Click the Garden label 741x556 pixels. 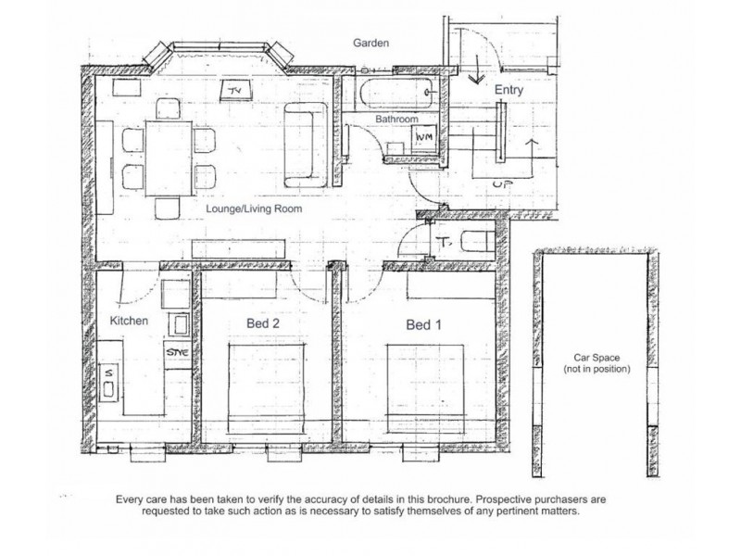pyautogui.click(x=371, y=43)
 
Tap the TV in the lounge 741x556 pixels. pyautogui.click(x=235, y=90)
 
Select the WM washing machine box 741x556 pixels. pyautogui.click(x=423, y=137)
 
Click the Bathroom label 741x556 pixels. pyautogui.click(x=396, y=120)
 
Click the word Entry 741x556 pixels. pyautogui.click(x=509, y=90)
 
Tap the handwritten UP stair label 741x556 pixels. pyautogui.click(x=503, y=183)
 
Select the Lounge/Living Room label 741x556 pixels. pyautogui.click(x=254, y=208)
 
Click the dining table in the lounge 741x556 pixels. pyautogui.click(x=169, y=158)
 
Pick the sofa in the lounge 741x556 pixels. pyautogui.click(x=306, y=145)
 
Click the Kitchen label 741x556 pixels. pyautogui.click(x=129, y=321)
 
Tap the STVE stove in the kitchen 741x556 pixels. pyautogui.click(x=178, y=352)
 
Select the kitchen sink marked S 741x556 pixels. pyautogui.click(x=109, y=383)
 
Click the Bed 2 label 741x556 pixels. pyautogui.click(x=263, y=323)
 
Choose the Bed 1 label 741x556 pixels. pyautogui.click(x=423, y=325)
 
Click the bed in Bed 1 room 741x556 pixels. pyautogui.click(x=425, y=388)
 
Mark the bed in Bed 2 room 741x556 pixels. pyautogui.click(x=267, y=388)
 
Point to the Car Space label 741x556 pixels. pyautogui.click(x=597, y=358)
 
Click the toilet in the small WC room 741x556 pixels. pyautogui.click(x=477, y=241)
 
